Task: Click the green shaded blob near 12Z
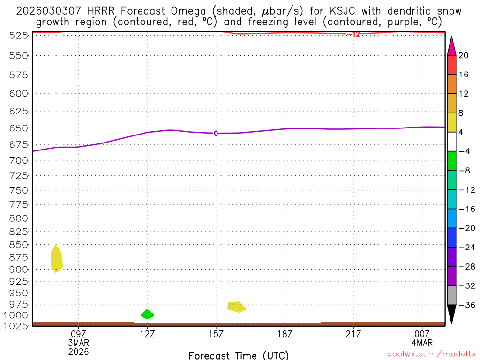click(147, 314)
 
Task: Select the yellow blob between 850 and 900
click(56, 259)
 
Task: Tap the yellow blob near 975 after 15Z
click(236, 307)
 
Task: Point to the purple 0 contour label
click(216, 134)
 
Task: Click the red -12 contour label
click(354, 34)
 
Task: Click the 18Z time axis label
click(285, 334)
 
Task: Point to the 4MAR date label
click(422, 343)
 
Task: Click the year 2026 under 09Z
click(78, 351)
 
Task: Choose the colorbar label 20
click(464, 55)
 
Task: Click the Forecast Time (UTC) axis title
click(239, 355)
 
